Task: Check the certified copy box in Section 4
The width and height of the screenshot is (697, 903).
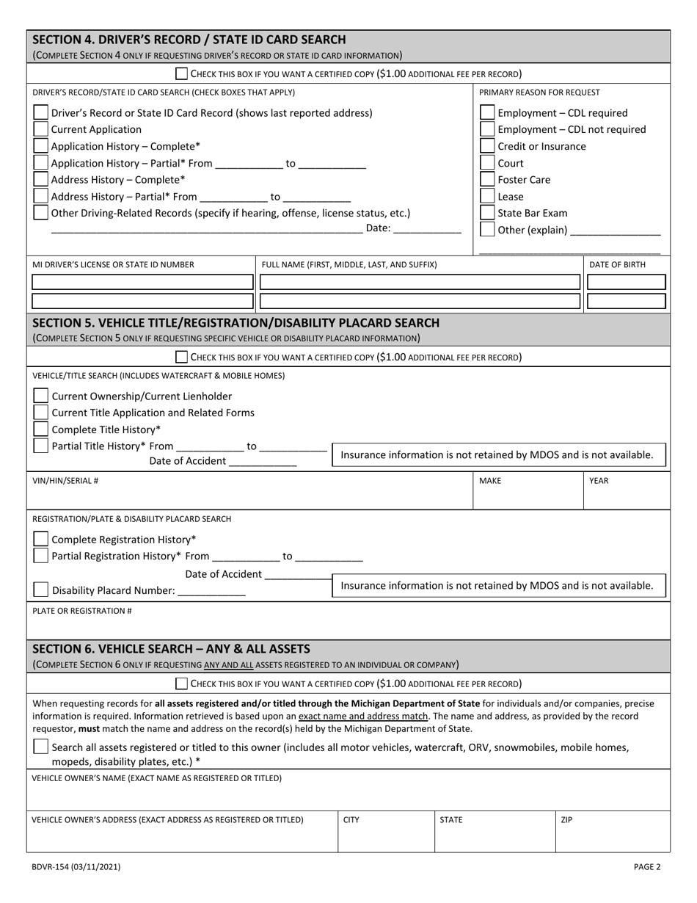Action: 182,73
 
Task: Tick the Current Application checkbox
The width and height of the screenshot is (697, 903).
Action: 42,129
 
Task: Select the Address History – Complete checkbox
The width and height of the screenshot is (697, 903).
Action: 42,179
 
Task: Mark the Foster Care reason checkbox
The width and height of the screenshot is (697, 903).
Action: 487,179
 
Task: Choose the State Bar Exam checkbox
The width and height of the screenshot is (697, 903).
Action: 487,213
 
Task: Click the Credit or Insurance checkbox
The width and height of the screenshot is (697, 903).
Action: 487,146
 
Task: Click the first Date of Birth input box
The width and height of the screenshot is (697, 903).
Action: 627,282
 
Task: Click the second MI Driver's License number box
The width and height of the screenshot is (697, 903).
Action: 143,300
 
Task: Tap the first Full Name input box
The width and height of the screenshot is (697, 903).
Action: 420,282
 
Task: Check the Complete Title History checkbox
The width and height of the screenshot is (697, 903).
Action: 42,429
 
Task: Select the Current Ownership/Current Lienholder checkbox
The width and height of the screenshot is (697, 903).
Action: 42,396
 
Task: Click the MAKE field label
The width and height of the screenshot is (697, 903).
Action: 490,481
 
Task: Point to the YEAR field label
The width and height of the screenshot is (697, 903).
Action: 599,481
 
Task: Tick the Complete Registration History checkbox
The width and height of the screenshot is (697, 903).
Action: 42,539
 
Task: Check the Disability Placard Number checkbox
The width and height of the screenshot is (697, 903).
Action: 42,590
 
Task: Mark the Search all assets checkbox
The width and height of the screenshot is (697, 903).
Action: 42,747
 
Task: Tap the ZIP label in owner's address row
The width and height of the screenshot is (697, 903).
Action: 566,819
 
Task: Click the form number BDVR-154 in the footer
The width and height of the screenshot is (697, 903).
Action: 76,866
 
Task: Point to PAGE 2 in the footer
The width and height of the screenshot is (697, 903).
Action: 647,866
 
